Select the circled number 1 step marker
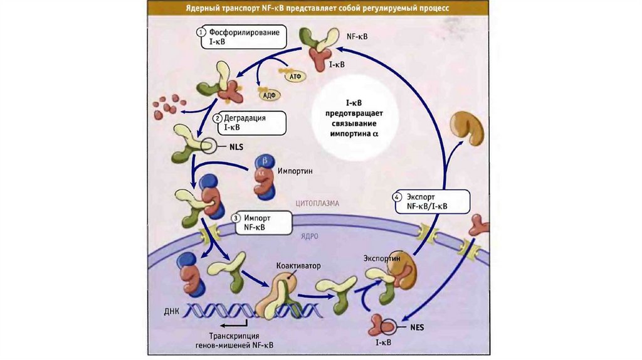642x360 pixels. [201, 31]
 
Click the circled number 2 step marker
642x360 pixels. [218, 117]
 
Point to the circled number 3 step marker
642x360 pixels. [236, 218]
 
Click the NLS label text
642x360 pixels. [236, 147]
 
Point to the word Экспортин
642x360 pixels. [382, 258]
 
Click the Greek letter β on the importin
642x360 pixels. [263, 161]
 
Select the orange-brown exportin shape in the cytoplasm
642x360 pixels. [471, 127]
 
